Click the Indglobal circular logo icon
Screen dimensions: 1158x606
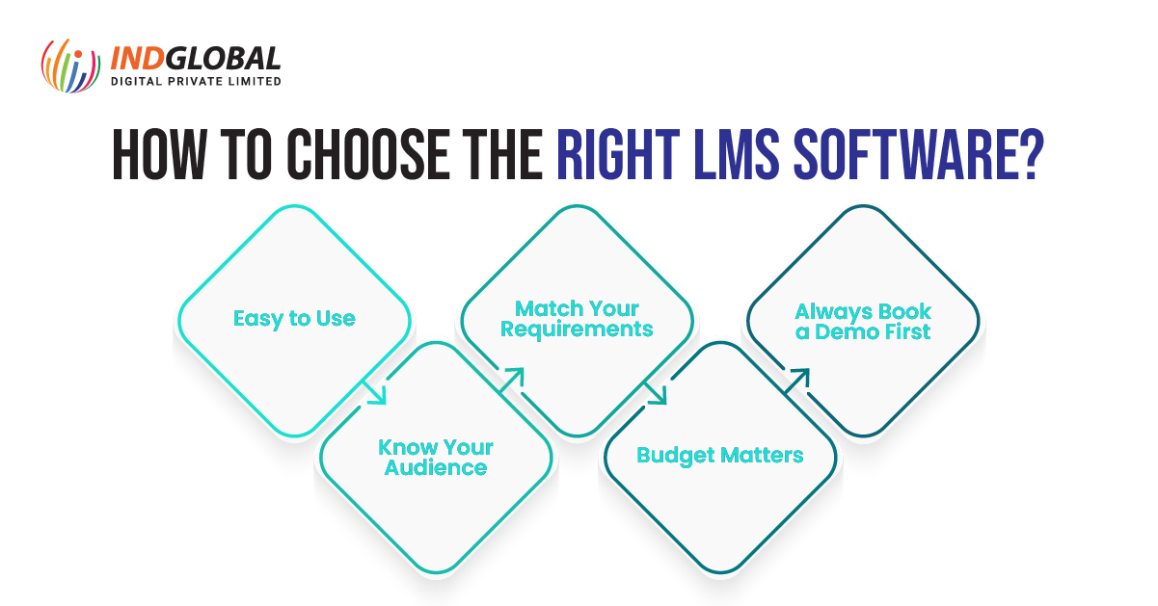tap(70, 66)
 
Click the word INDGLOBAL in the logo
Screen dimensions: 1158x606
tap(196, 59)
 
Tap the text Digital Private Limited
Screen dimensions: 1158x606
tap(196, 81)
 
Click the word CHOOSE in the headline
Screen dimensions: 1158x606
tap(367, 154)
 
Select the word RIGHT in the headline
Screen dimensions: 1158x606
tap(618, 154)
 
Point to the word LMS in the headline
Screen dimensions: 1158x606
tap(736, 154)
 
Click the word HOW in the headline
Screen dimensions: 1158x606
tap(159, 154)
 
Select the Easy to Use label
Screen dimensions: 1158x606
tap(294, 319)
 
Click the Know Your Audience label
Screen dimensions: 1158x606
tap(436, 458)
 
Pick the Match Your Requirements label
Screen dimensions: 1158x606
tap(577, 319)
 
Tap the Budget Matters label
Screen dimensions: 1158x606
tap(720, 456)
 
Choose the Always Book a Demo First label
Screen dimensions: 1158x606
tap(863, 322)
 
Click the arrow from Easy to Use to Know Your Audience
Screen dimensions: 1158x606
tap(374, 393)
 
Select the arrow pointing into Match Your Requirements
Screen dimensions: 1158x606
tap(512, 381)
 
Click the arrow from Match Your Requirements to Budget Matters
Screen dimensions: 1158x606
tap(656, 393)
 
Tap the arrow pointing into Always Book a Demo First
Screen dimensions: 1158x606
tap(797, 382)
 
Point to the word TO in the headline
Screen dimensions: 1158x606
tap(247, 154)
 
